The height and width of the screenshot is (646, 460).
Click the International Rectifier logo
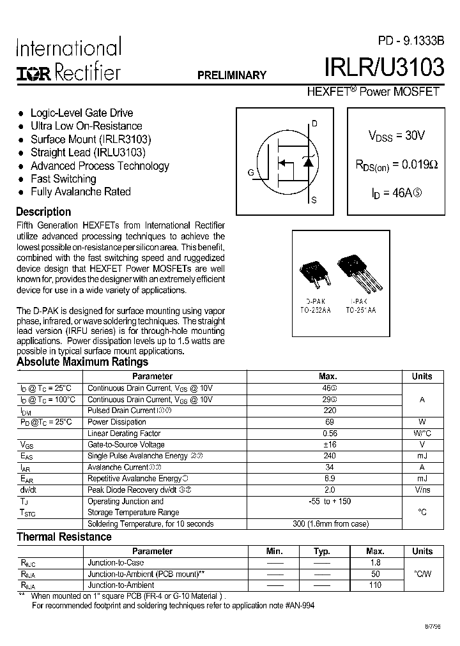(68, 61)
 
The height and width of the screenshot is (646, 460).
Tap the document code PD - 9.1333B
(411, 41)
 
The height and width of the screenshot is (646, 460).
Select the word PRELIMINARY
(231, 75)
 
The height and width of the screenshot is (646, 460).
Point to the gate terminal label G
(250, 173)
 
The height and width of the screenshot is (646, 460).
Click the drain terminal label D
(314, 124)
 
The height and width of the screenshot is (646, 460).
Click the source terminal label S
(314, 200)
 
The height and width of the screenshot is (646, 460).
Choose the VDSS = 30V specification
(396, 135)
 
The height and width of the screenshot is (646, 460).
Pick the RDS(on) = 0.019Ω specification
(396, 164)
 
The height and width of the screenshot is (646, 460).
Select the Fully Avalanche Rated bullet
(80, 192)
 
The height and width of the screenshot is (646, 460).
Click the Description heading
(43, 212)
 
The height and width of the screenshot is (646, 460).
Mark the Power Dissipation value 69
(330, 422)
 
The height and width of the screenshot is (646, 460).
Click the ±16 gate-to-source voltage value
(330, 445)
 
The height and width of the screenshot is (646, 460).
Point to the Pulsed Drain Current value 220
(330, 411)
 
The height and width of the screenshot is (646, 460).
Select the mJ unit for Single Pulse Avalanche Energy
(422, 456)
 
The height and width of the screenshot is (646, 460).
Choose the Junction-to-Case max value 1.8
(375, 563)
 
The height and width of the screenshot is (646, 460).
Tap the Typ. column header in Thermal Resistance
(322, 552)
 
